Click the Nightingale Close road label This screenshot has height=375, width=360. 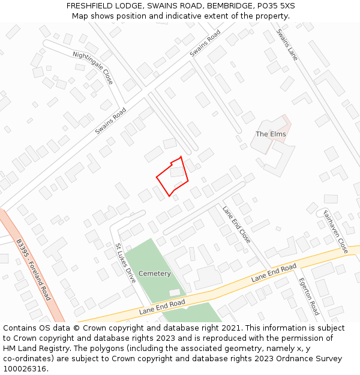(92, 67)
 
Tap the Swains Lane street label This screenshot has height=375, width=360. (287, 44)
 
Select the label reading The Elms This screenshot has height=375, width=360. (271, 134)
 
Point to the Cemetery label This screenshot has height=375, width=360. (155, 274)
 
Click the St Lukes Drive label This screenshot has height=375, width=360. (125, 263)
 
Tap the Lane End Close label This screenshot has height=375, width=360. (236, 224)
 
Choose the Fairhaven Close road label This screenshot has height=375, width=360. (335, 231)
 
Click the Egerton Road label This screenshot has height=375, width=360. (308, 296)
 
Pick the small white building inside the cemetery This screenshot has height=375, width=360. (174, 292)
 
